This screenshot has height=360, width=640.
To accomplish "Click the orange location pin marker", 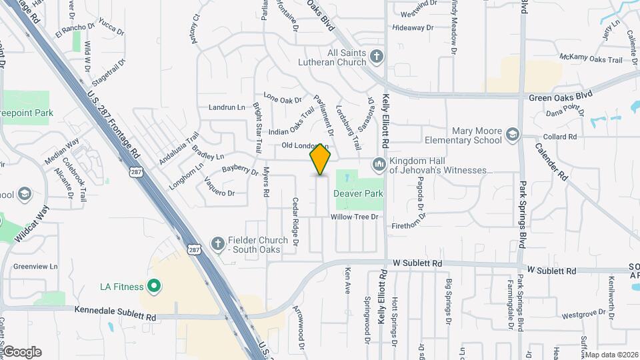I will tap(321, 160).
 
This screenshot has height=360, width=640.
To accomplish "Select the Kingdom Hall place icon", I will tap(379, 163).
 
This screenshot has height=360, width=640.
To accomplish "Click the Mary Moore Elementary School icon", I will tap(512, 135).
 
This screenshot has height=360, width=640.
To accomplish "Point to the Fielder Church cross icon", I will tap(217, 245).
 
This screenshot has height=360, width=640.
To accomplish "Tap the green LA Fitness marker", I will tap(154, 287).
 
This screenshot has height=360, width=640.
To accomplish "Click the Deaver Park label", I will tap(358, 193).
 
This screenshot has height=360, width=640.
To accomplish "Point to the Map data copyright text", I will tap(611, 355).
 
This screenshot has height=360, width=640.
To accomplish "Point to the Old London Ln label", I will tap(305, 145).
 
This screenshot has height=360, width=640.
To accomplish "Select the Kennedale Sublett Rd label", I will tap(115, 309).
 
